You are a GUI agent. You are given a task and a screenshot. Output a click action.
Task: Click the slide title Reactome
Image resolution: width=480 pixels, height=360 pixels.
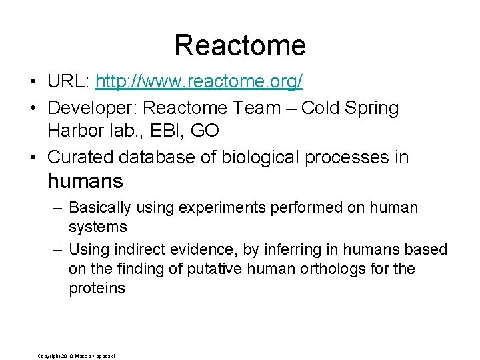point(240,45)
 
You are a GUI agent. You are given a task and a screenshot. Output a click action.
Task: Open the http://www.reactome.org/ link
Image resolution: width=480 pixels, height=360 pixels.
point(199,81)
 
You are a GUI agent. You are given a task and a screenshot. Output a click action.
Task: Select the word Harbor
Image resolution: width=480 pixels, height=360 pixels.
point(74,131)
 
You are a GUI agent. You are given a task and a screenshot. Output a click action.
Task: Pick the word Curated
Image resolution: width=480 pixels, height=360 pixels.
point(81,157)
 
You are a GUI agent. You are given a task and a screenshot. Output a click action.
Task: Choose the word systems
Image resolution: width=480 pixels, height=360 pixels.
point(97,227)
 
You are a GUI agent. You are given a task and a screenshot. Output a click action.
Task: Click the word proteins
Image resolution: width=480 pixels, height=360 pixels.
point(97,289)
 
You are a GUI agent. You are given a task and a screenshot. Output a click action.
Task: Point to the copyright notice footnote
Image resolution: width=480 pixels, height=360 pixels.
point(76,355)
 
